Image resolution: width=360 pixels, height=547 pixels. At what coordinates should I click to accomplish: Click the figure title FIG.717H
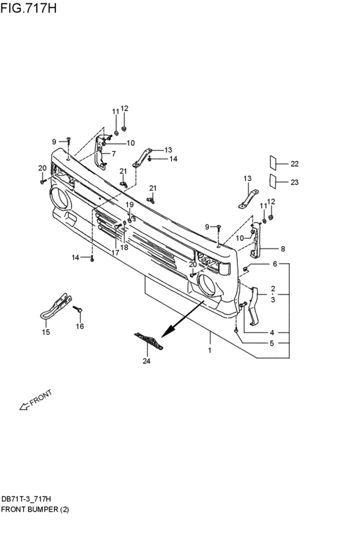(28, 8)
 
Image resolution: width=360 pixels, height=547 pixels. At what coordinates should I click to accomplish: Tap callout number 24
(147, 361)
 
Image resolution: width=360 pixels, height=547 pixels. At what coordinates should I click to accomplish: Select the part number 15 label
(46, 332)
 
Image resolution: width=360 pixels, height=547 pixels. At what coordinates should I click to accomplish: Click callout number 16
(80, 326)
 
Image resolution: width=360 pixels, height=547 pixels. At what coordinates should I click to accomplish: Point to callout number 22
(295, 164)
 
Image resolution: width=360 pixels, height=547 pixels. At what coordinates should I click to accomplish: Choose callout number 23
(295, 182)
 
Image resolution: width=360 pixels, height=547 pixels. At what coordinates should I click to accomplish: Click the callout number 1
(210, 350)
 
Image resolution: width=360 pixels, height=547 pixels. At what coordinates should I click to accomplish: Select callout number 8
(283, 249)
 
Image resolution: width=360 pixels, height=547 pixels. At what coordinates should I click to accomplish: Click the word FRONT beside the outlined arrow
(41, 397)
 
